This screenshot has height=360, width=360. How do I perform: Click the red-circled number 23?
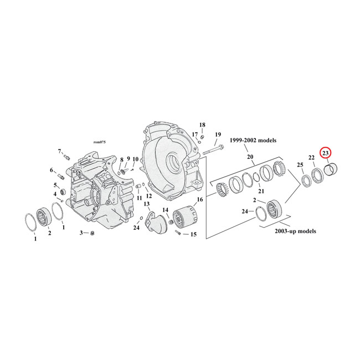326,152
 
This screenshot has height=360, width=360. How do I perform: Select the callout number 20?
250,157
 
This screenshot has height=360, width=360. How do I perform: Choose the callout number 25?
300,165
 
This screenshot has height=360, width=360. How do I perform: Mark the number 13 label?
147,204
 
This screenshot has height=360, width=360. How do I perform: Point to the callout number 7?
59,151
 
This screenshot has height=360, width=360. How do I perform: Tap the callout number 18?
202,125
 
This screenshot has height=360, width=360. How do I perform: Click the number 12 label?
148,196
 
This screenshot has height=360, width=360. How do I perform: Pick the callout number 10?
135,160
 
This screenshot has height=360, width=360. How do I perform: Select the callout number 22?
312,158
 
